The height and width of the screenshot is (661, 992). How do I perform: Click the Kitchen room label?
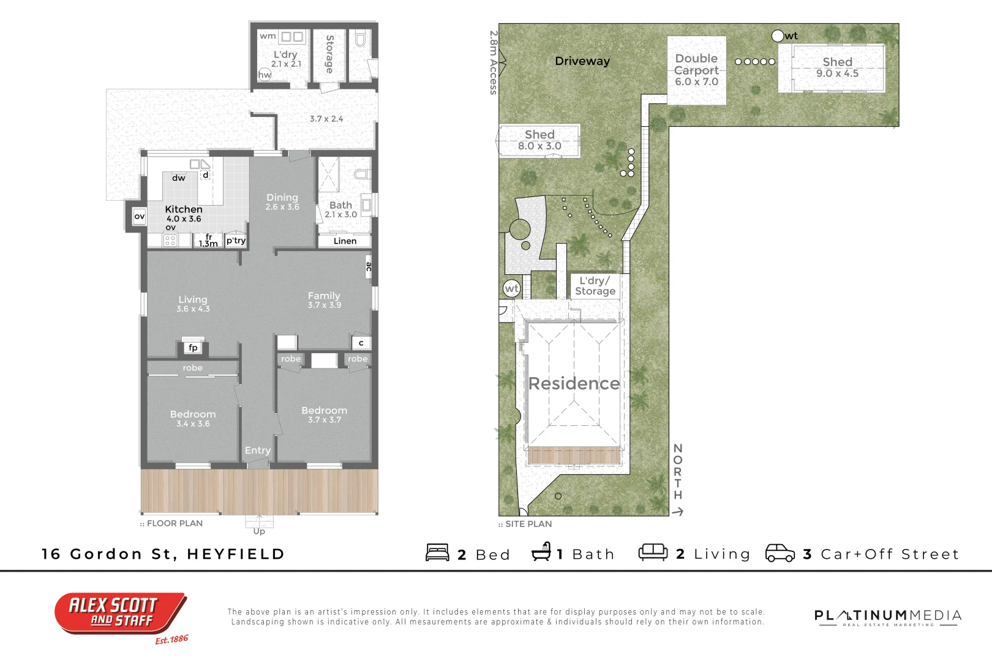(x=184, y=209)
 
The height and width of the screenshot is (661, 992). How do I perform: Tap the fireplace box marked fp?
(x=193, y=348)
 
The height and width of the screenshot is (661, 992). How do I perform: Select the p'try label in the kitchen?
(x=236, y=241)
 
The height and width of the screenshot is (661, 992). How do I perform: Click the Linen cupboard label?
(x=345, y=241)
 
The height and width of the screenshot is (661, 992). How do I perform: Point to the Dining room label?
(x=282, y=198)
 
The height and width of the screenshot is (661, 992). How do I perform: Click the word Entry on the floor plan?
(x=258, y=450)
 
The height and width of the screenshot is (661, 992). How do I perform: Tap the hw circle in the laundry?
(x=265, y=75)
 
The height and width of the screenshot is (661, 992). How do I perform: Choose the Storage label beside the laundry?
(x=329, y=54)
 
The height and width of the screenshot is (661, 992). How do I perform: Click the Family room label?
(x=324, y=296)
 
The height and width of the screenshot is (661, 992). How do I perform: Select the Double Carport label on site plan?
(x=697, y=64)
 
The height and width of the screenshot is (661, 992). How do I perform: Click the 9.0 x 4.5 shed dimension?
(x=837, y=73)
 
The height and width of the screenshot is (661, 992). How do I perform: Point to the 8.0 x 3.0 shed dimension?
(x=539, y=146)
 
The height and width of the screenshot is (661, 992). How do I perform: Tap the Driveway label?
(x=582, y=61)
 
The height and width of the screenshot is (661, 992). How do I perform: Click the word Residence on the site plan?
(x=574, y=384)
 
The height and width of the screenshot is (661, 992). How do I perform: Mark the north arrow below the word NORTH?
(x=678, y=512)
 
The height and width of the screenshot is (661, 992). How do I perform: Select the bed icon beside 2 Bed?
(x=438, y=553)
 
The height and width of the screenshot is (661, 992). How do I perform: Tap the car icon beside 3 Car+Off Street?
(x=780, y=553)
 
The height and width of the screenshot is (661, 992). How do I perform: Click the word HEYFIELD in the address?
(x=236, y=555)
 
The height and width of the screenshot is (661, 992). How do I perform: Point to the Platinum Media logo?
(x=888, y=616)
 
